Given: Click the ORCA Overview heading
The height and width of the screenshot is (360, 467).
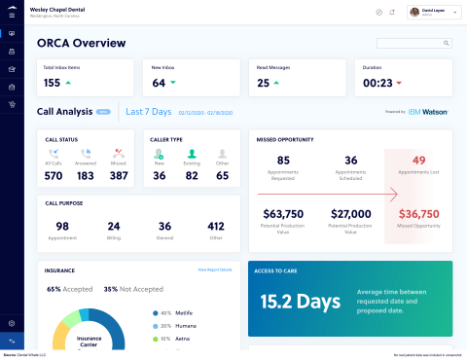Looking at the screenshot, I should pos(81,43).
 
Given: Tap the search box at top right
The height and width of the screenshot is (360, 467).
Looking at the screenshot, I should pos(413,43).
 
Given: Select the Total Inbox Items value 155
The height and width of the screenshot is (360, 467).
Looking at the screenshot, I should pos(53,83).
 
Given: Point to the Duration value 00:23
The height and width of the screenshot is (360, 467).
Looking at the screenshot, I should pos(377,83).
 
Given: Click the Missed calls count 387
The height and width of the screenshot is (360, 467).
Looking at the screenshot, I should pos(120,175).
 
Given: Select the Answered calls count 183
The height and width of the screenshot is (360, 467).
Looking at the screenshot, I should pos(86,175).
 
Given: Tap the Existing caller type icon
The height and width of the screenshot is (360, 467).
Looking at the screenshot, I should pos(191,154).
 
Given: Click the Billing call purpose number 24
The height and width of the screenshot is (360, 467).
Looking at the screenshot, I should pos(114,226).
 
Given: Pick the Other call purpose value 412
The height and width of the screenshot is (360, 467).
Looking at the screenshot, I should pos(215,226).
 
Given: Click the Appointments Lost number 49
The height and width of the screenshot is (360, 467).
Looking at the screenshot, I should pos(419,161).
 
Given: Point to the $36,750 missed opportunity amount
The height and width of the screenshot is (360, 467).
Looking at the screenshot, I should pos(419,213).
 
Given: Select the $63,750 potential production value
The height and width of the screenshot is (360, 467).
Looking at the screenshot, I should pos(283,213).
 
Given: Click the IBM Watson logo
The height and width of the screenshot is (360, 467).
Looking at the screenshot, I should pos(428,112).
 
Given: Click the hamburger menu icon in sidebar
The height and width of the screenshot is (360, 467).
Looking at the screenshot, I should pos(11,13).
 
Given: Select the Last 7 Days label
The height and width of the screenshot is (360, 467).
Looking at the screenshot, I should pos(149,112).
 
